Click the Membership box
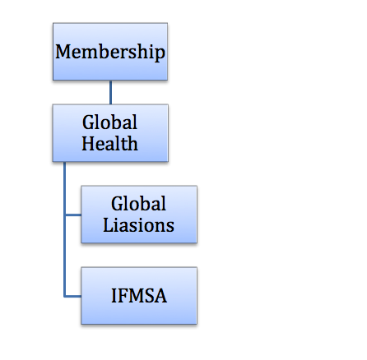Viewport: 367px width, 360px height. click(x=110, y=52)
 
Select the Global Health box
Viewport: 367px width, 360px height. click(x=110, y=133)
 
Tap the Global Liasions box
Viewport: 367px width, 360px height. click(x=139, y=215)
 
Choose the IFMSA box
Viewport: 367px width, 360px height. click(x=139, y=296)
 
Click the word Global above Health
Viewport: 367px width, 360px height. click(x=109, y=122)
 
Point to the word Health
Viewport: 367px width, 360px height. click(x=109, y=143)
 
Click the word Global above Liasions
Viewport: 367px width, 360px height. click(x=138, y=204)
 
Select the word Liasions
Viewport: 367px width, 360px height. click(x=138, y=225)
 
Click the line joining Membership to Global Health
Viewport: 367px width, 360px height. click(x=110, y=92)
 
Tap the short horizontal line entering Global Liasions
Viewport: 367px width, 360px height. click(x=73, y=215)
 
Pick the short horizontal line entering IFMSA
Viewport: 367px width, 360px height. click(x=73, y=296)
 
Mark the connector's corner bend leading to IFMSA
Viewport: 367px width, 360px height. click(x=65, y=296)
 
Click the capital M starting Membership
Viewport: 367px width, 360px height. click(x=63, y=52)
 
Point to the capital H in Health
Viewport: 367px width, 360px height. click(x=88, y=143)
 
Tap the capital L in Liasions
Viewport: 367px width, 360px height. click(x=108, y=225)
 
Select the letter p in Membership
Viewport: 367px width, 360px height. click(x=160, y=54)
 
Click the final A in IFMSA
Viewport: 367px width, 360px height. click(x=160, y=296)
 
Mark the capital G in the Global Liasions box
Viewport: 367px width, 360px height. click(x=118, y=204)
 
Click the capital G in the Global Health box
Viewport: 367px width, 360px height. click(x=89, y=122)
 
